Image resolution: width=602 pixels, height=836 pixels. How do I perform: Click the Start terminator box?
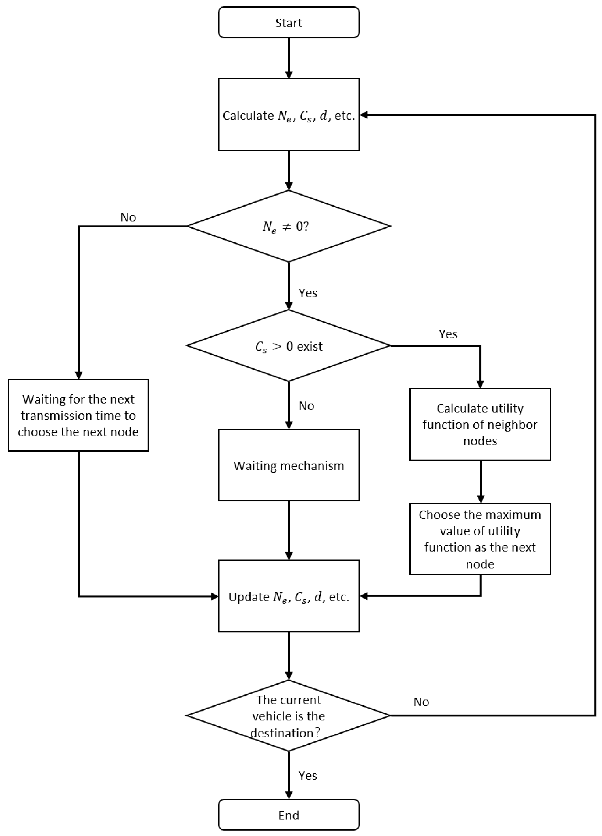point(289,23)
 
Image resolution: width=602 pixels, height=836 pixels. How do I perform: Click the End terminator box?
point(289,815)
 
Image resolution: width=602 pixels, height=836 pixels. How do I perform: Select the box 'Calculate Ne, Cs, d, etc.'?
point(289,115)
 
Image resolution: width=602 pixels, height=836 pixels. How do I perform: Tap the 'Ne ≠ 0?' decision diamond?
point(289,226)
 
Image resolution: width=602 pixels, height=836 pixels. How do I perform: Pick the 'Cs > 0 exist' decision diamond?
point(289,346)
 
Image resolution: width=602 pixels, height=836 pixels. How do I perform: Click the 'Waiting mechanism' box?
point(289,465)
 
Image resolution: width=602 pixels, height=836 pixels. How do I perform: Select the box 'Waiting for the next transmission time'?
point(78,415)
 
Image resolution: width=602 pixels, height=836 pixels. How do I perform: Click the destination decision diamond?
point(289,716)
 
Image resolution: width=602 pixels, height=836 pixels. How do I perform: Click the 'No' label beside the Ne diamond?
point(128,218)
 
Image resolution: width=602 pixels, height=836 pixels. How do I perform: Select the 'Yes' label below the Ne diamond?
point(308,293)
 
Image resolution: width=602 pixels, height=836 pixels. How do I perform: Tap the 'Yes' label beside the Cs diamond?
point(448,334)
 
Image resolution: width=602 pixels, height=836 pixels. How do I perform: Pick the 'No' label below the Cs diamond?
point(306,406)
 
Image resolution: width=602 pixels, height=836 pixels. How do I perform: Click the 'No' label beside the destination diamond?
point(421,702)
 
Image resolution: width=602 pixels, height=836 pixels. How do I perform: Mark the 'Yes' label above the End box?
point(308,775)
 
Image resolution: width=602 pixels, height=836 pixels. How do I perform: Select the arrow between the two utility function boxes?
point(480,481)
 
